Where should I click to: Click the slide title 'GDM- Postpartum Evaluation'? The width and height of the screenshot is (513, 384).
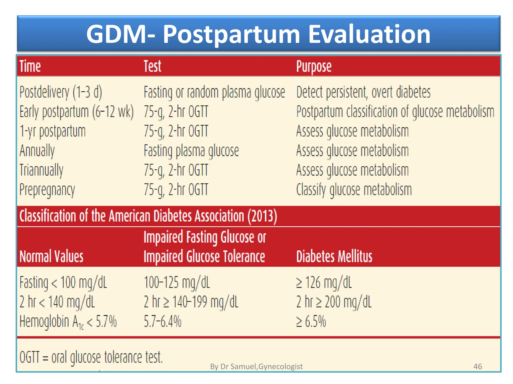tap(258, 34)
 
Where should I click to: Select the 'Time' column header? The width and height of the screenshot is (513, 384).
tap(30, 66)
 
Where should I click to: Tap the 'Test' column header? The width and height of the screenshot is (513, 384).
tap(152, 66)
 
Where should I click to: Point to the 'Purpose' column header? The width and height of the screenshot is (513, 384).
tap(314, 66)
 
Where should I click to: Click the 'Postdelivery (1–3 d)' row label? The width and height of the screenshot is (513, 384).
tap(61, 92)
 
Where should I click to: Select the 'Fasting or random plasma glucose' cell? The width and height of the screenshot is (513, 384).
tap(214, 92)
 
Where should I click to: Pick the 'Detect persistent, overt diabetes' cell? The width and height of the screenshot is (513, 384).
tap(363, 92)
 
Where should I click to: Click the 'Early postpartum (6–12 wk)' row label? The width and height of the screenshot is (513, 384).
tap(76, 111)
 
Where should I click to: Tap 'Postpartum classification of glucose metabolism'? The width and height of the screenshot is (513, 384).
tap(395, 111)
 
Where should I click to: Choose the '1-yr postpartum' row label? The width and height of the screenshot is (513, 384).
tap(53, 131)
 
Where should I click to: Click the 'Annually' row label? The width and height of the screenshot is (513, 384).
tap(37, 150)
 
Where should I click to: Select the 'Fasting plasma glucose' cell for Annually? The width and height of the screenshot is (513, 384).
tap(191, 150)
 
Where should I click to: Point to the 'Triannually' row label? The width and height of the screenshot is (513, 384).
tap(41, 170)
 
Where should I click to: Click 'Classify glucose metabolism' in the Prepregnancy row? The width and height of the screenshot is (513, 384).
tap(354, 189)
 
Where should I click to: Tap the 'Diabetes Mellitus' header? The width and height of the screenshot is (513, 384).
tap(334, 256)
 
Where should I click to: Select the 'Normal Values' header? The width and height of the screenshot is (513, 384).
tap(51, 256)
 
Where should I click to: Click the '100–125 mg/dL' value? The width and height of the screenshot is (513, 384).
tap(177, 282)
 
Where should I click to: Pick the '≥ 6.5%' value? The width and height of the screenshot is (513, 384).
tap(311, 321)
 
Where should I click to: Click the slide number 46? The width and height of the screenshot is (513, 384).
tap(477, 366)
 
